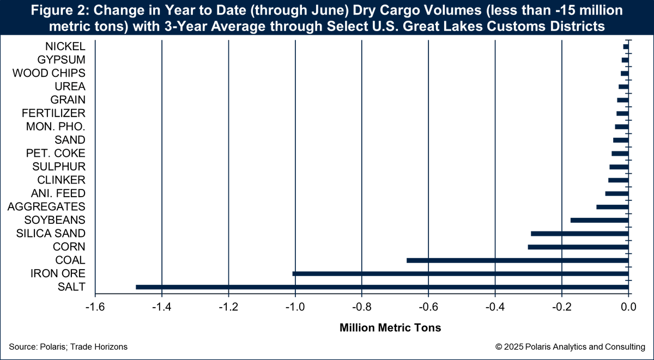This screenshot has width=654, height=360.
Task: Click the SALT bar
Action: pyautogui.click(x=381, y=287)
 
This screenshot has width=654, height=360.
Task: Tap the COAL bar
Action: pyautogui.click(x=518, y=260)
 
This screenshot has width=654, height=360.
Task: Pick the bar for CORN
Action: pyautogui.click(x=578, y=247)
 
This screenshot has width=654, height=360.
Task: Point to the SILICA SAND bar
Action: pyautogui.click(x=579, y=234)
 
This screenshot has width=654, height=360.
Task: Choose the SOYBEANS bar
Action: pyautogui.click(x=599, y=220)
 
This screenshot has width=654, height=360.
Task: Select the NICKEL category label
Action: pyautogui.click(x=65, y=46)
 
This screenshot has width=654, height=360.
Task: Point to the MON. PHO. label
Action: pyautogui.click(x=56, y=126)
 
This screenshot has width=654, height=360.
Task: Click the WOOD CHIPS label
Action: pyautogui.click(x=49, y=73)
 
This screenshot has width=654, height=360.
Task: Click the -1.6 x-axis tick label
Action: pyautogui.click(x=95, y=307)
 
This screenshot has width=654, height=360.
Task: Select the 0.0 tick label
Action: pyautogui.click(x=628, y=307)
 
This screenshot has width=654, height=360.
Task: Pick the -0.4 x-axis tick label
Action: pyautogui.click(x=495, y=307)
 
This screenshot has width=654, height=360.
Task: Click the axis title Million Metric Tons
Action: pyautogui.click(x=390, y=328)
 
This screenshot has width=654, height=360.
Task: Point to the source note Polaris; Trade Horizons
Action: pyautogui.click(x=68, y=347)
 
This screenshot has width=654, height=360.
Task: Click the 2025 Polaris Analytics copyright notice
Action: pyautogui.click(x=570, y=347)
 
